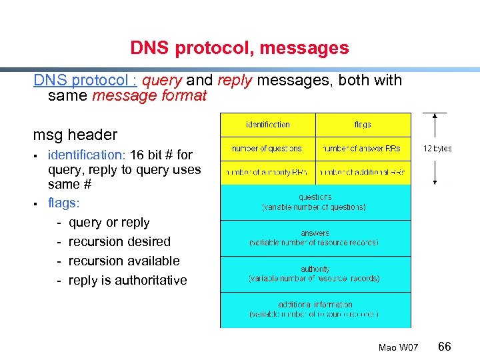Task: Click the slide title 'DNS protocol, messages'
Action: [x=239, y=48]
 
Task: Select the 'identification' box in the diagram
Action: [x=268, y=125]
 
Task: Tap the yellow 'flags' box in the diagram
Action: [x=363, y=125]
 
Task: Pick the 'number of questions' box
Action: [x=268, y=149]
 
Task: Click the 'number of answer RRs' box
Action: [x=363, y=149]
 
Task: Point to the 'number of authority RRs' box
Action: [x=268, y=173]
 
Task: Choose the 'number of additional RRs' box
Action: [x=363, y=173]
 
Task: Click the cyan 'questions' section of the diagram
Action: [x=315, y=202]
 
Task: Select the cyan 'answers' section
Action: [x=315, y=238]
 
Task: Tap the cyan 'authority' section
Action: [x=315, y=274]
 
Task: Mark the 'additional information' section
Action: [x=315, y=309]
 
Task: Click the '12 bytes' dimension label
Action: [x=437, y=149]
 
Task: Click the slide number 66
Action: [x=445, y=346]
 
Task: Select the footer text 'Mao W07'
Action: [x=398, y=347]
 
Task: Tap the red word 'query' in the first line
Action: [x=162, y=81]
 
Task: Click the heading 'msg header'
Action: [x=75, y=135]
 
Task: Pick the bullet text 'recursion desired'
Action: [x=119, y=241]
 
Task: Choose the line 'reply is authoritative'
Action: [x=127, y=280]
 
